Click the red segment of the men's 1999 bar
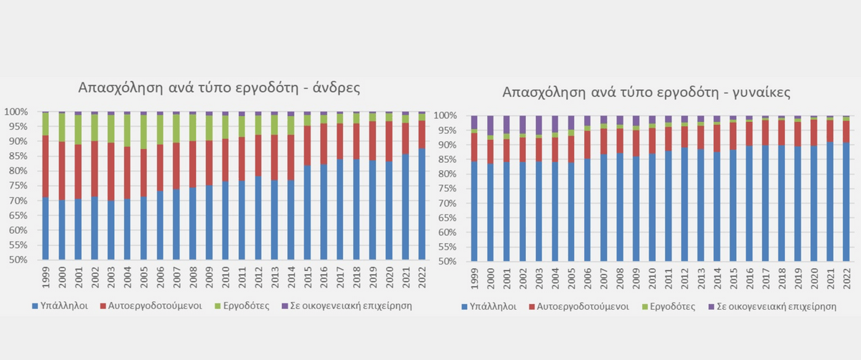pyautogui.click(x=46, y=166)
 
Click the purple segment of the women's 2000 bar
pyautogui.click(x=490, y=125)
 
